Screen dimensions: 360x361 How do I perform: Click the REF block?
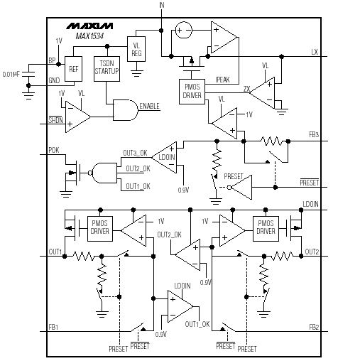coord(74,69)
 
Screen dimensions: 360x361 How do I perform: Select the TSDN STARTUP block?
coord(107,69)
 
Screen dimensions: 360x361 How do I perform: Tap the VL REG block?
coord(136,49)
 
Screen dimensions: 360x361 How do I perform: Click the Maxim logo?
coord(89,26)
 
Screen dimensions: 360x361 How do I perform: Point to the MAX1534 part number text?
coord(89,36)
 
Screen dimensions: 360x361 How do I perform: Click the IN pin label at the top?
coord(162,5)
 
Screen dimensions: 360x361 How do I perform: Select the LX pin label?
coord(315,52)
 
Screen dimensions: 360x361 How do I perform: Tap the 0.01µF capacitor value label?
coord(11,75)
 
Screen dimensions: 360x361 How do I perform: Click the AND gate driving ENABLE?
coord(126,110)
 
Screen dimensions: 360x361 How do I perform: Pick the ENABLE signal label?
coord(149,106)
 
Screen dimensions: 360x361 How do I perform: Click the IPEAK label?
coord(222,80)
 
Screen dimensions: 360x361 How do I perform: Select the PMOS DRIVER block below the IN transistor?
coord(192,92)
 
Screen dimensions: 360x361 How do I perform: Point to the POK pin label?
coord(54,150)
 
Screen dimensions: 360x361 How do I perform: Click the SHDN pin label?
coord(55,120)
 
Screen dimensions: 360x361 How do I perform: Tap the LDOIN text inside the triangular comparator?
coord(167,157)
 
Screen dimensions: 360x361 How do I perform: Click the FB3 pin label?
coord(314,134)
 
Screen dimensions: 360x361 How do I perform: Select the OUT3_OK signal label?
coord(135,153)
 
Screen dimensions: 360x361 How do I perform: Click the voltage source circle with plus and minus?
coord(184,30)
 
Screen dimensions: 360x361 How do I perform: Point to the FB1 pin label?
coord(53,327)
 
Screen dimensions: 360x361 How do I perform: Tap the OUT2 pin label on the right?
coord(312,252)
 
